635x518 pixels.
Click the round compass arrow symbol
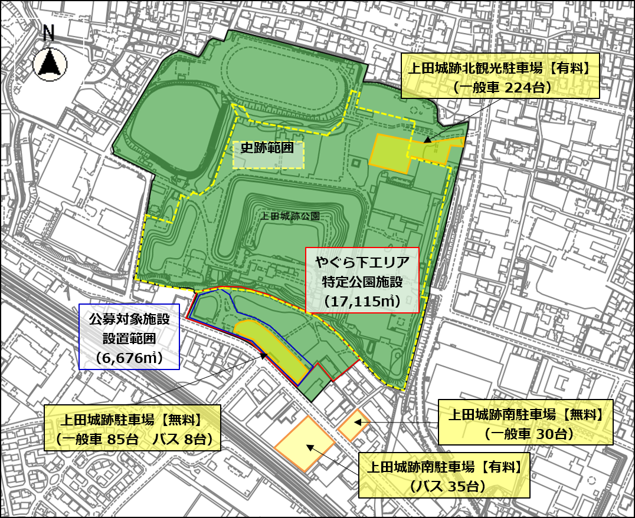click(x=50, y=64)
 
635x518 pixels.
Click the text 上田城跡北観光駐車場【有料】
click(x=500, y=69)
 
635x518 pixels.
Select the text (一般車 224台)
click(x=500, y=87)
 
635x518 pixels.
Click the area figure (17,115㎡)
click(x=362, y=301)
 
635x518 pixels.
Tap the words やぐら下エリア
click(x=362, y=261)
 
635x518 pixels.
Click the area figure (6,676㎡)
click(x=129, y=357)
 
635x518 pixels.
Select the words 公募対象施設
click(x=129, y=319)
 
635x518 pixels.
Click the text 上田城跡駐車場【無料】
click(x=132, y=421)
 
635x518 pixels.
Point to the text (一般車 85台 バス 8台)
click(x=132, y=439)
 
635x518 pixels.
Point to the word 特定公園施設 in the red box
click(x=362, y=281)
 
